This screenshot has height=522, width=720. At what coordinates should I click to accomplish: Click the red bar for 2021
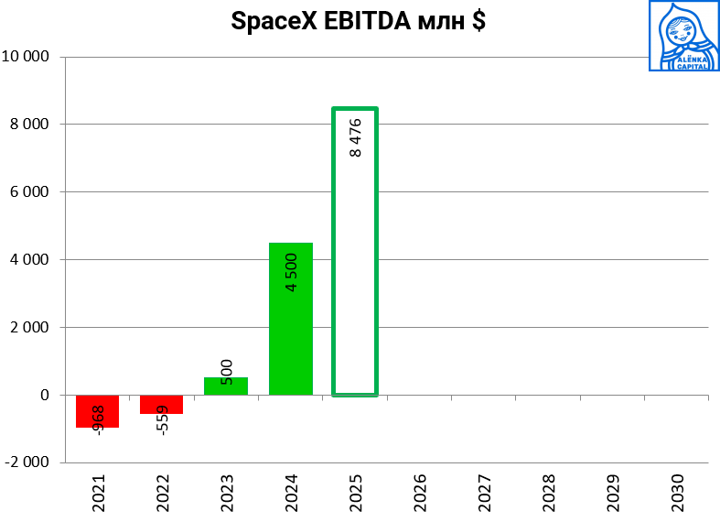point(97,411)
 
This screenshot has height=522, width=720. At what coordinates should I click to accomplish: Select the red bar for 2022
point(161,404)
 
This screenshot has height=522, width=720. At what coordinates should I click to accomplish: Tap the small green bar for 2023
point(226,386)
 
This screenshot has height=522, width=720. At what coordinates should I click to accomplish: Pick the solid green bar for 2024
point(290,319)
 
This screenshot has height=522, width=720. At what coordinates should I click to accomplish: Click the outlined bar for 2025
point(354,252)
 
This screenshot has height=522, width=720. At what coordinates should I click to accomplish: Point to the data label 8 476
point(356,137)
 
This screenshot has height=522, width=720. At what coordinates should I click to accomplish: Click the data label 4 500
point(292,272)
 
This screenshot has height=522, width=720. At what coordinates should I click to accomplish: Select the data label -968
point(98,419)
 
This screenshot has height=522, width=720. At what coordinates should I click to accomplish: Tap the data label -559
point(163,419)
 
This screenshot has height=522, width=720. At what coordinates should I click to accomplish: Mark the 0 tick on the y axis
point(44,396)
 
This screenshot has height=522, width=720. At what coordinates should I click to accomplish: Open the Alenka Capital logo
point(683,36)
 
